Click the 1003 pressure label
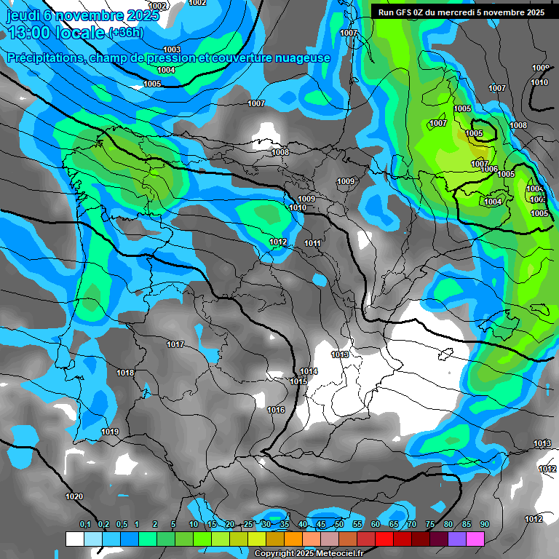[x=172, y=49]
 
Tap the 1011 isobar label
[x=313, y=243]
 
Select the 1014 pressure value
[x=309, y=371]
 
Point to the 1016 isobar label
[x=276, y=411]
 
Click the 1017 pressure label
[x=175, y=344]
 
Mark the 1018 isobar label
[x=125, y=373]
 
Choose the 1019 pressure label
[x=110, y=432]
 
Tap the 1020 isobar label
[x=74, y=496]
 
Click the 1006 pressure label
[x=489, y=169]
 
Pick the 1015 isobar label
[x=298, y=381]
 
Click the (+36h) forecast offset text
[x=126, y=32]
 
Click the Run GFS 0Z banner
[x=461, y=12]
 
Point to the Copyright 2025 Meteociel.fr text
[x=309, y=553]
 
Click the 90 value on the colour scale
[x=485, y=524]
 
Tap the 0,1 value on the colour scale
[x=85, y=524]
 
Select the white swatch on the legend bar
[x=75, y=539]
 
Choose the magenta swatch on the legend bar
[x=475, y=539]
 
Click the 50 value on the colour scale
[x=339, y=524]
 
